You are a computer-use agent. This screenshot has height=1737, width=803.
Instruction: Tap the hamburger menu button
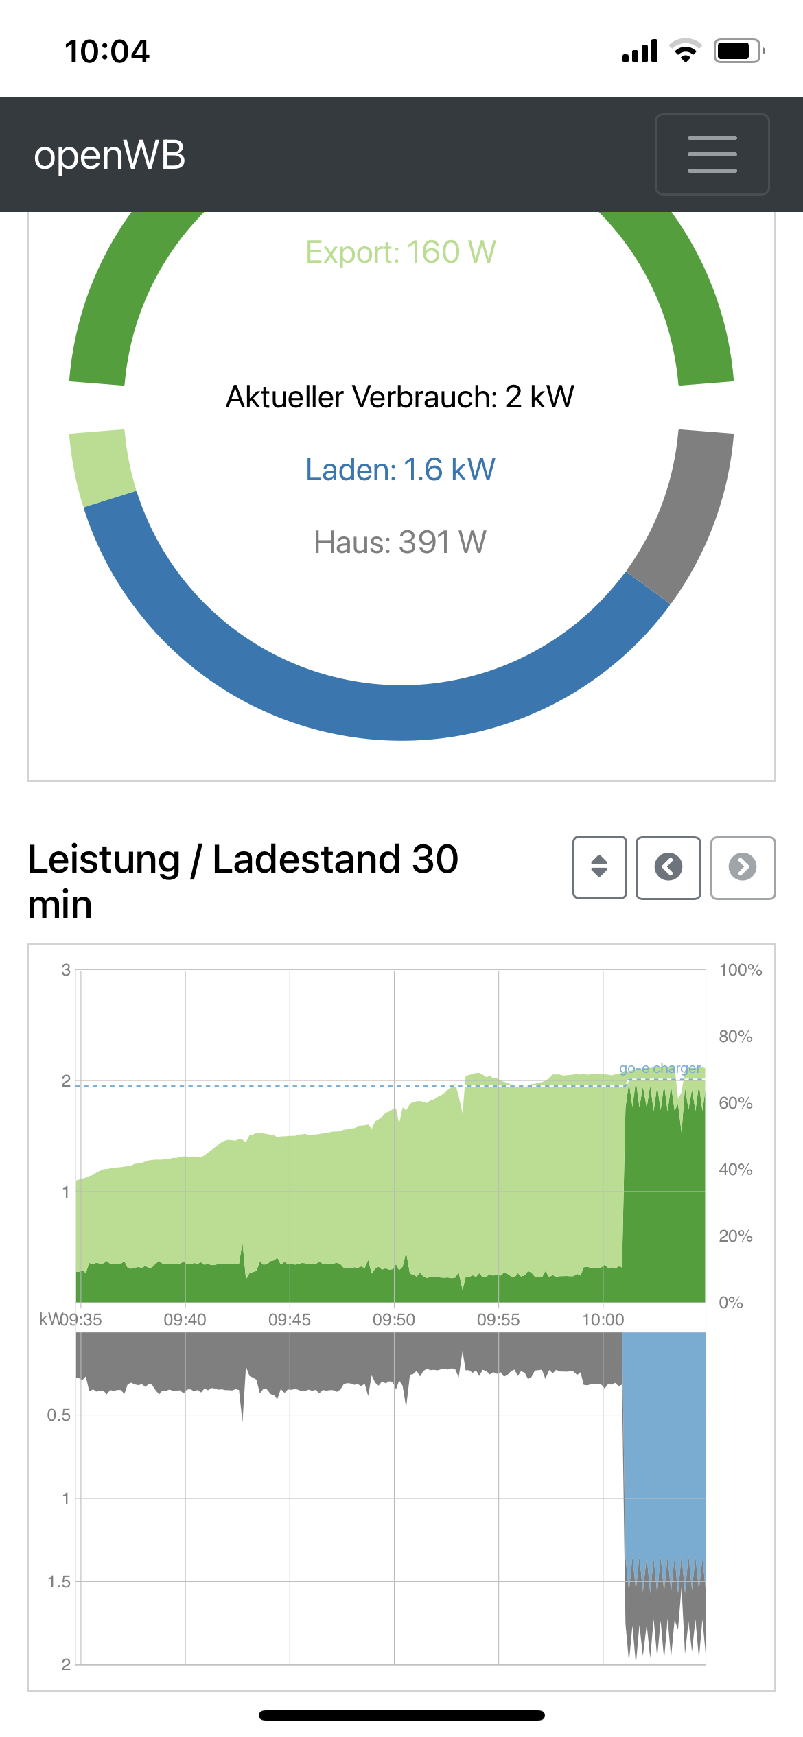coord(712,154)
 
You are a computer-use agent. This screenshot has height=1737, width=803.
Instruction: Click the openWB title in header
coord(110,155)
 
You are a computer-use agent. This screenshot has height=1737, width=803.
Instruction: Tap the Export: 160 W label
coord(401,252)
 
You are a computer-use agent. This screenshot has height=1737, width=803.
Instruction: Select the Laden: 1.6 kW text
coord(400,470)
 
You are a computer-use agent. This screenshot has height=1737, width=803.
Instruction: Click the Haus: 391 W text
coord(400,543)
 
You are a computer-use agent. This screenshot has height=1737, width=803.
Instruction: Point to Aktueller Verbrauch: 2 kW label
coord(400,397)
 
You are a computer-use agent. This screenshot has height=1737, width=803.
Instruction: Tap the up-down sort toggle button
coord(599,867)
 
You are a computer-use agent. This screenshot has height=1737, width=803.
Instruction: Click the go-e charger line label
coord(660,1068)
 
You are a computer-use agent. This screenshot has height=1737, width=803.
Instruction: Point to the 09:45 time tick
coord(289,1319)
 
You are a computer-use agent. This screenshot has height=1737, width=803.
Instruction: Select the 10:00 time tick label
coord(603,1319)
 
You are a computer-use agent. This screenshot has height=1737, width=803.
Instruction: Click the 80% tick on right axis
coord(735,1037)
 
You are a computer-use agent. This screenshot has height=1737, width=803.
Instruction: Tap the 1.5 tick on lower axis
coord(59,1582)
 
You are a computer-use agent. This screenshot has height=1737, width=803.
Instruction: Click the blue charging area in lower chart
coord(664,1441)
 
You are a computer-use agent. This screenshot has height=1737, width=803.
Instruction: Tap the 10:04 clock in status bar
coord(107,51)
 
